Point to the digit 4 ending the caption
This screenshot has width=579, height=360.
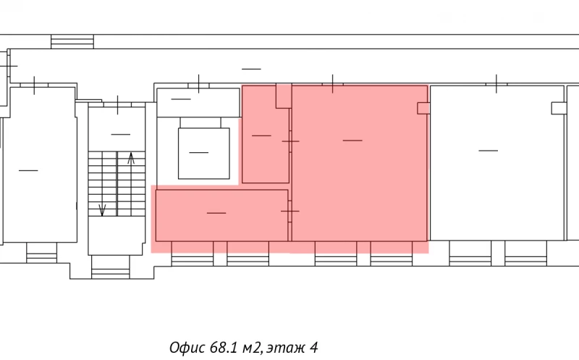(x=314, y=348)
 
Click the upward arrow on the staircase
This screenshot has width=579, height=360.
(x=131, y=159)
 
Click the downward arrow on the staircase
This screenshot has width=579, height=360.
(x=102, y=210)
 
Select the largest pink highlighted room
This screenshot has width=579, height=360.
(x=359, y=164)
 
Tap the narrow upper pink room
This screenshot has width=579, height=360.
(x=266, y=134)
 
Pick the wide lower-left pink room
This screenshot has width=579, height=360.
(x=221, y=215)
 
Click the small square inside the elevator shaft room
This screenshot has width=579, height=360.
(x=204, y=154)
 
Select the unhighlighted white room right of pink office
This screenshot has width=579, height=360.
(x=497, y=163)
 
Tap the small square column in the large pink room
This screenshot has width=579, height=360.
(x=423, y=109)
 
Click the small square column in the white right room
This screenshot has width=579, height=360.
(x=559, y=109)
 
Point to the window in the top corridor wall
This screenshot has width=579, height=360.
(x=72, y=41)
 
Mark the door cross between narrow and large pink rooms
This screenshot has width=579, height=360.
(x=291, y=141)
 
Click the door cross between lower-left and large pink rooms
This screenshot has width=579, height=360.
(x=290, y=211)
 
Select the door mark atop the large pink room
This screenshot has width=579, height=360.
(x=333, y=84)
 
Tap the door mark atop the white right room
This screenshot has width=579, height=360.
(x=496, y=84)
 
